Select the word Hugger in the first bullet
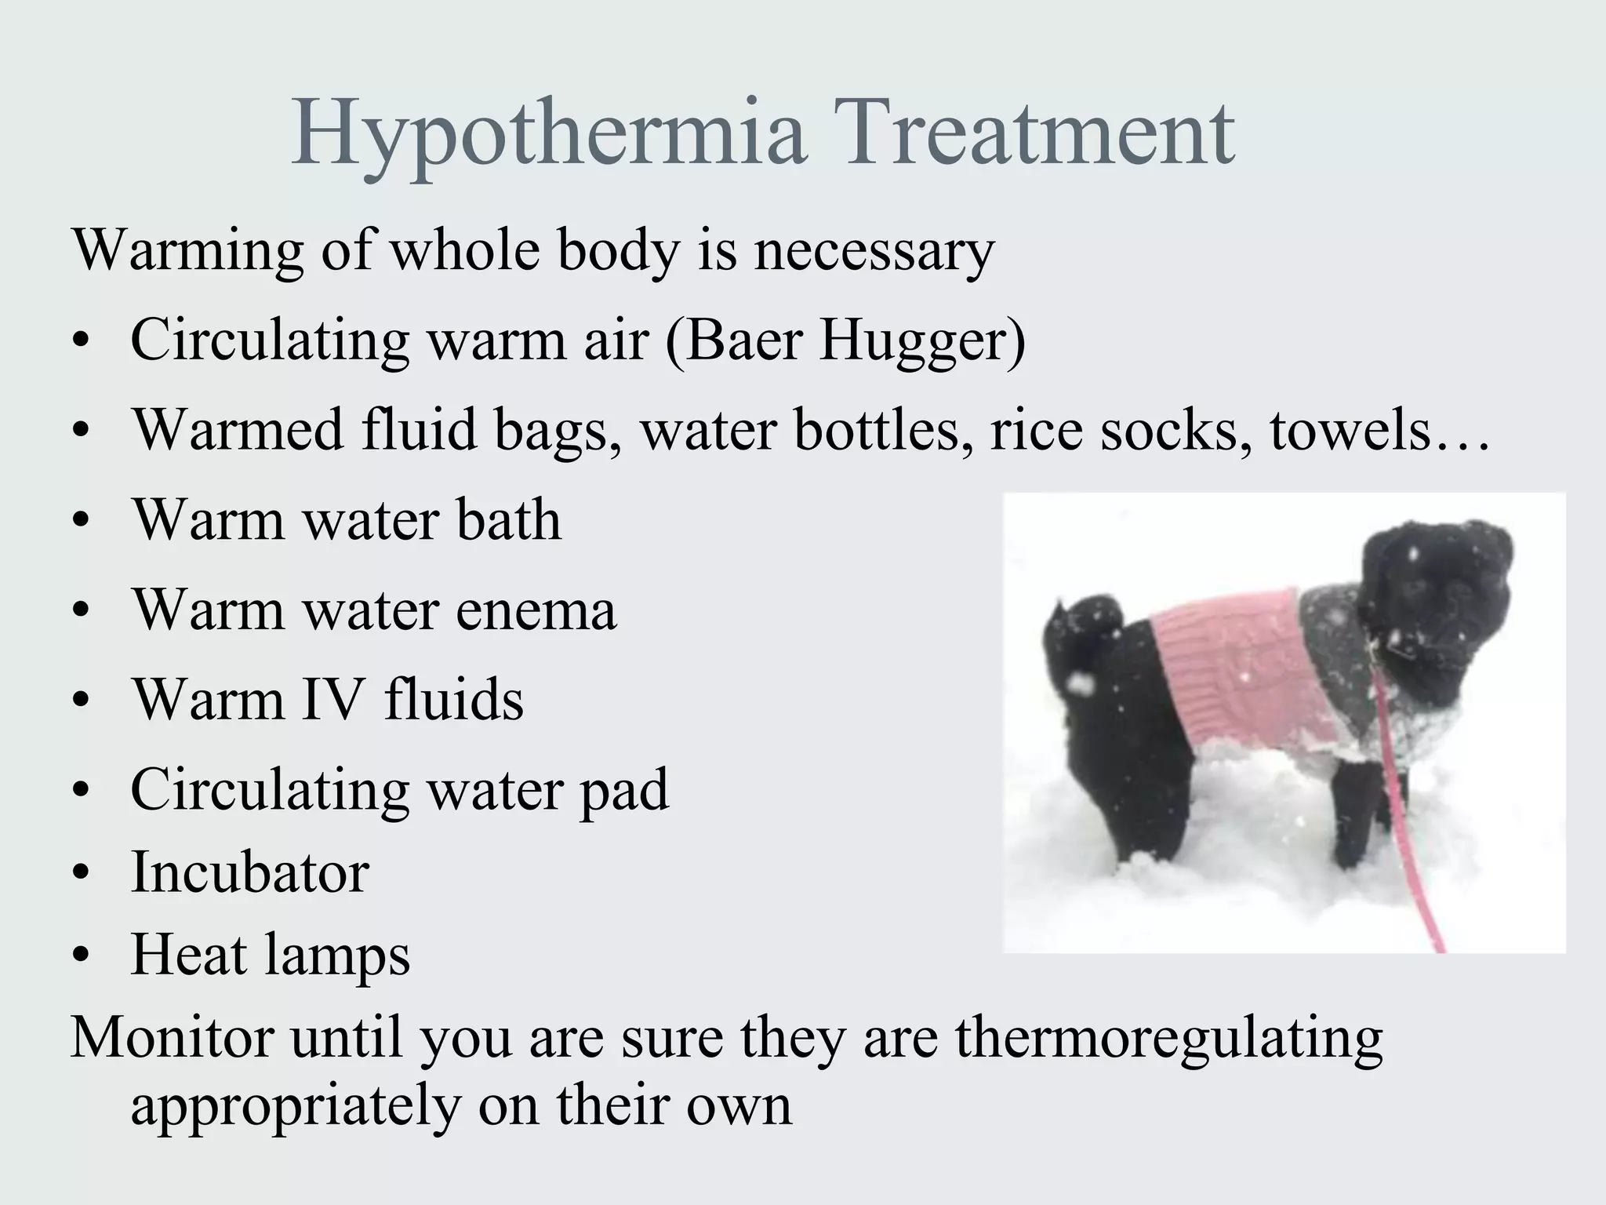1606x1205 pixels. click(x=922, y=341)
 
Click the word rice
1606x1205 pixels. click(x=1036, y=431)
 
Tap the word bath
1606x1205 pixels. click(x=509, y=520)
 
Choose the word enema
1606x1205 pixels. click(x=536, y=610)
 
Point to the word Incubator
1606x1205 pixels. click(x=249, y=872)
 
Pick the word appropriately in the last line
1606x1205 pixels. click(x=296, y=1106)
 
